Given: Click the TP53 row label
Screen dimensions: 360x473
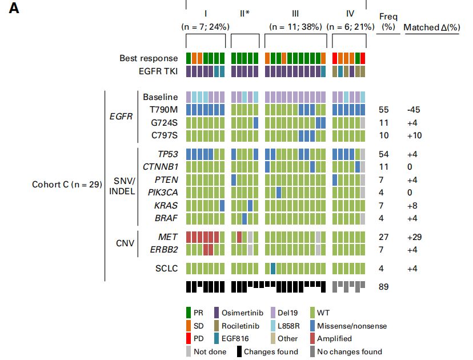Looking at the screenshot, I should (167, 154).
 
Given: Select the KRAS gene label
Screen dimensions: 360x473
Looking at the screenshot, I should (167, 205).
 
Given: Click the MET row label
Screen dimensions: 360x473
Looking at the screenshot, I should (168, 237).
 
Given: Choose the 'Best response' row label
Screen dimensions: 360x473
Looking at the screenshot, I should (149, 58).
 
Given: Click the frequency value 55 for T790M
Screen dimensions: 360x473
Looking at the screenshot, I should (384, 110).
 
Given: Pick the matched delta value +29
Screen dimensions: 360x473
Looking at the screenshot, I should (414, 237).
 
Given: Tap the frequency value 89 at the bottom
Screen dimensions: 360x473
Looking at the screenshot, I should (384, 286).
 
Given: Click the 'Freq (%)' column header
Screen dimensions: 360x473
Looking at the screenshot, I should (388, 22).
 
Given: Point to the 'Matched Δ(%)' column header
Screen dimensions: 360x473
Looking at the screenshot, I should (431, 27).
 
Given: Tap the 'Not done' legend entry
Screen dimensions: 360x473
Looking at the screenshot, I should (209, 352).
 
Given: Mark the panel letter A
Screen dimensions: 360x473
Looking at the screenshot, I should (14, 10).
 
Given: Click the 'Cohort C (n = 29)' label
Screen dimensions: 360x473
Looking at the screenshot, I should (67, 184).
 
